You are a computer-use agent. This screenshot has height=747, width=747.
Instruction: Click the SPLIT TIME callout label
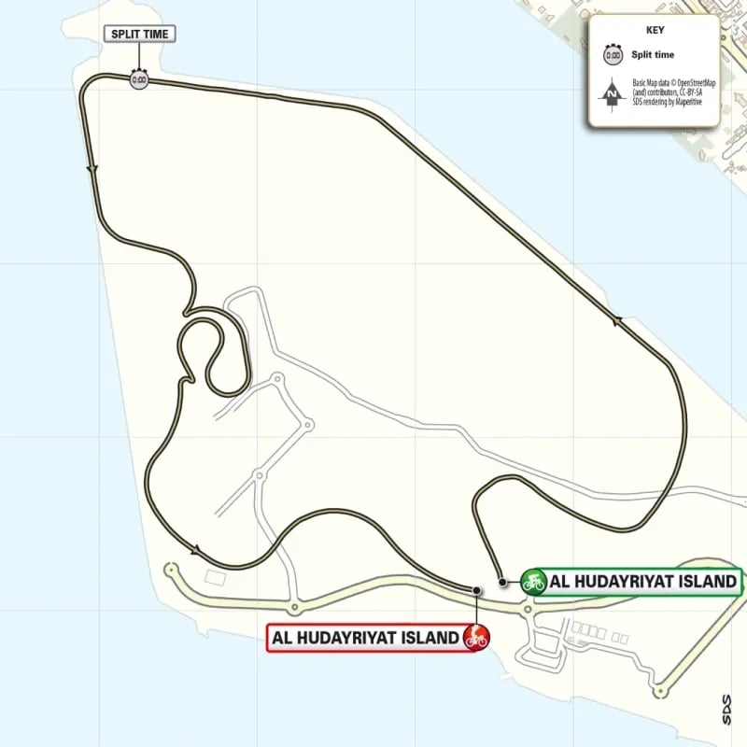[140, 35]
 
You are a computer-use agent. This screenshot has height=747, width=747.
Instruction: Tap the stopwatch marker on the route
[139, 80]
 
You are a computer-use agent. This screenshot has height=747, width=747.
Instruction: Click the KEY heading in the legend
[654, 29]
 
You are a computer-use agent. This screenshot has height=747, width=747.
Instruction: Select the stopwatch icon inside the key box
[613, 55]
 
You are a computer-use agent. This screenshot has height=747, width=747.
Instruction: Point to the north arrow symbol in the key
[613, 93]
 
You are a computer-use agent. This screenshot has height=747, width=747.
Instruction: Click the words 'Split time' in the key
[653, 55]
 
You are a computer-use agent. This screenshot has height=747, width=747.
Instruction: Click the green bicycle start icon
[533, 582]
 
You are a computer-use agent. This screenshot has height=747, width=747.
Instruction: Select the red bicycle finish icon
[475, 638]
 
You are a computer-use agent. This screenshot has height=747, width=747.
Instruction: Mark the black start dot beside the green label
[502, 582]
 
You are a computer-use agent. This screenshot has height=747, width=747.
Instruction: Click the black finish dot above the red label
[476, 590]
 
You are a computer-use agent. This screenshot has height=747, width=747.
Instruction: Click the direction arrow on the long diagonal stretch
[617, 322]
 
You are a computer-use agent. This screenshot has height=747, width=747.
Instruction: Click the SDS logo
[726, 702]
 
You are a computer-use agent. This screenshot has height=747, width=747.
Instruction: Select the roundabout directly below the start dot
[528, 611]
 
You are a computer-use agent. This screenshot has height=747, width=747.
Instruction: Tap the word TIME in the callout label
[156, 35]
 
